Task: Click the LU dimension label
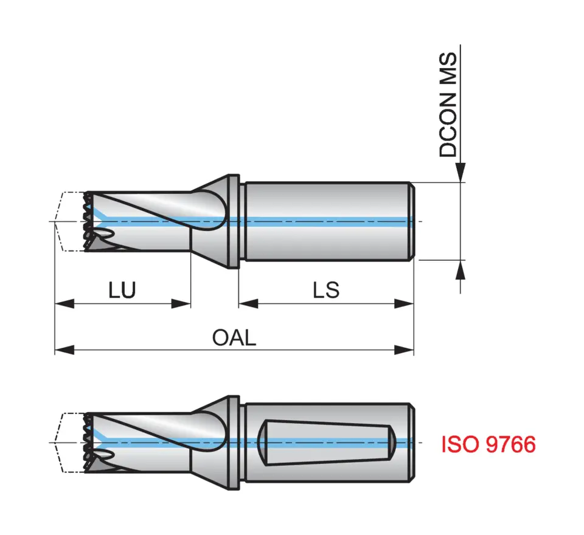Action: (x=122, y=290)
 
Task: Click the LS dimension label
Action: (x=326, y=290)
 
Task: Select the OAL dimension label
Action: (x=234, y=337)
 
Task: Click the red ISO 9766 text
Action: (x=488, y=444)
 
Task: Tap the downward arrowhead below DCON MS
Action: (x=461, y=173)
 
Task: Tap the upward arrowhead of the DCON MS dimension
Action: (x=461, y=269)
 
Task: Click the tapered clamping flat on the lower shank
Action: (x=325, y=442)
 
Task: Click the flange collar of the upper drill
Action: (x=232, y=221)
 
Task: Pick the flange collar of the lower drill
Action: (x=232, y=442)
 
